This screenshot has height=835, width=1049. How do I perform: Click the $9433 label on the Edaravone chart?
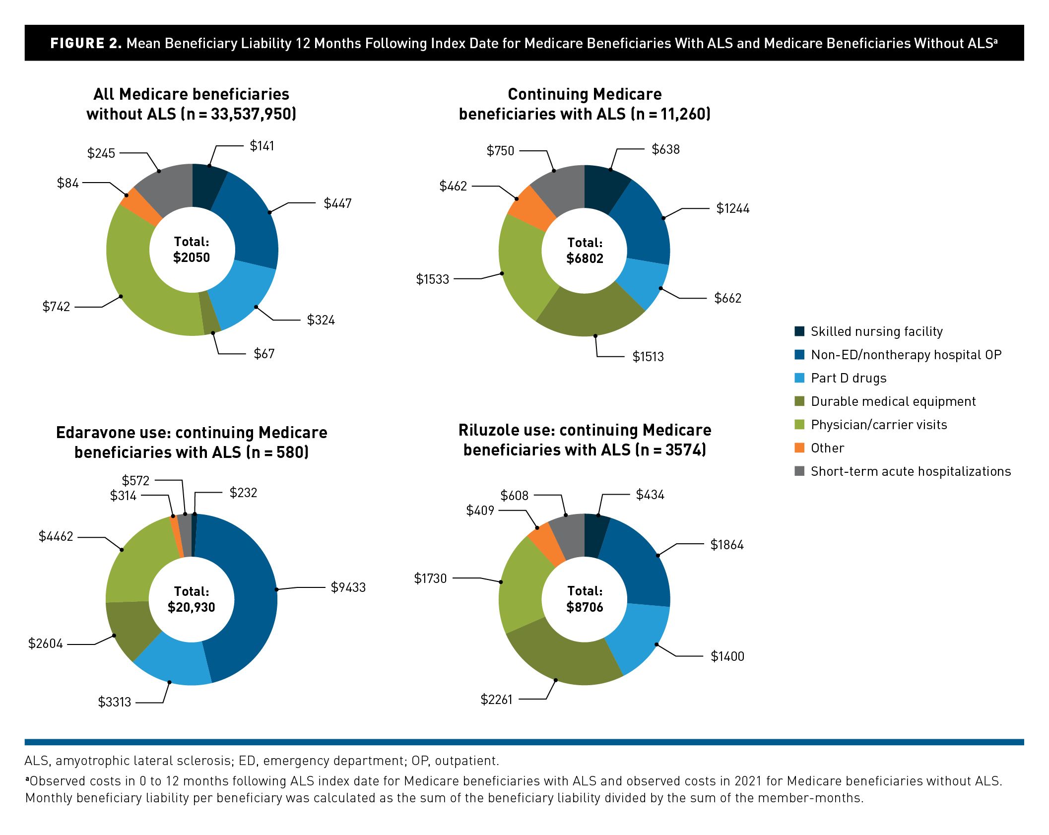coord(348,587)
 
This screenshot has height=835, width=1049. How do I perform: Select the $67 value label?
coord(264,354)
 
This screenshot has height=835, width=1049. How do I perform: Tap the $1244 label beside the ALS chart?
coord(732,208)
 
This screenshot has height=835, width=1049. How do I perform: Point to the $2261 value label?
coord(496,700)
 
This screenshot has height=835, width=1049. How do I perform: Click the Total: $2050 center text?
coord(192,250)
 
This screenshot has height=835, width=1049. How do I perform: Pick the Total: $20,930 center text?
coord(192,599)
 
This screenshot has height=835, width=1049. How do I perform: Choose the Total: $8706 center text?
coord(585,599)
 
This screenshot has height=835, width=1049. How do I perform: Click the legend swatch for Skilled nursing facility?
coord(799,331)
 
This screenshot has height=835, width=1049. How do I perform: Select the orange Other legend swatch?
coord(799,448)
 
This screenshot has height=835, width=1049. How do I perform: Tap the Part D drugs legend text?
coord(848,378)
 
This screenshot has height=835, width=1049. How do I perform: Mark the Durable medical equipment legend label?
coord(893,401)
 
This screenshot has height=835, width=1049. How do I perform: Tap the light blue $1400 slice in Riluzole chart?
coord(640,640)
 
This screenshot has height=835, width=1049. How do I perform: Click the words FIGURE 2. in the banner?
coord(86,43)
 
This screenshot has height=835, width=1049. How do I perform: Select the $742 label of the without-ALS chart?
coord(56,307)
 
